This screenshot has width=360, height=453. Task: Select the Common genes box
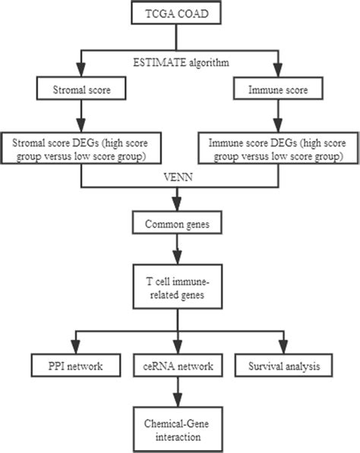click(x=178, y=225)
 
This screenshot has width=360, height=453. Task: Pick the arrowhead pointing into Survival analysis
click(x=281, y=348)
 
